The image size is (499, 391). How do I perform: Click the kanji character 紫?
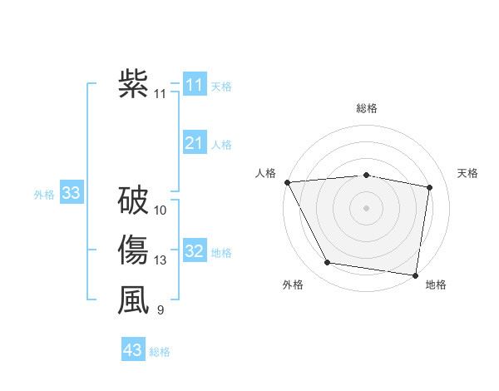tap(133, 84)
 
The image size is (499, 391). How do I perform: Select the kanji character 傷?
tap(133, 250)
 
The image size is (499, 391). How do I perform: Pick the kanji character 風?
tap(133, 300)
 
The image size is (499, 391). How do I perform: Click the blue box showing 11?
tap(195, 85)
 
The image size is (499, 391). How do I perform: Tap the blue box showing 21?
tap(195, 144)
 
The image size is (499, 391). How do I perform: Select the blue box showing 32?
tap(195, 251)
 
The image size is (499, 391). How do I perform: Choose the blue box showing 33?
tap(72, 194)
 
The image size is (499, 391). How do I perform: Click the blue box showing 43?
tap(133, 350)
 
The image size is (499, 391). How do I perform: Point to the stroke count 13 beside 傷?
tap(161, 261)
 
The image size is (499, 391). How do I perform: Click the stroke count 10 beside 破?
tap(161, 210)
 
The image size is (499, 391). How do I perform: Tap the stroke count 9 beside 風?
tap(160, 311)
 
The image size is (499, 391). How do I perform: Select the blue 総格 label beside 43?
tap(160, 352)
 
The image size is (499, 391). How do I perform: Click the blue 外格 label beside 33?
tap(44, 195)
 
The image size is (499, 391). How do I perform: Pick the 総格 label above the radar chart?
tap(367, 108)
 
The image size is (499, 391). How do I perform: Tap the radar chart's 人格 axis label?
tap(265, 173)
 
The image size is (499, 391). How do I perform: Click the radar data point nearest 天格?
tap(430, 188)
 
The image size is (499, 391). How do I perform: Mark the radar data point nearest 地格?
tap(416, 274)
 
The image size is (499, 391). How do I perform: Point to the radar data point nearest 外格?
tap(328, 263)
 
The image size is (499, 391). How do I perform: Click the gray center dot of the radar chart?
tap(367, 207)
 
